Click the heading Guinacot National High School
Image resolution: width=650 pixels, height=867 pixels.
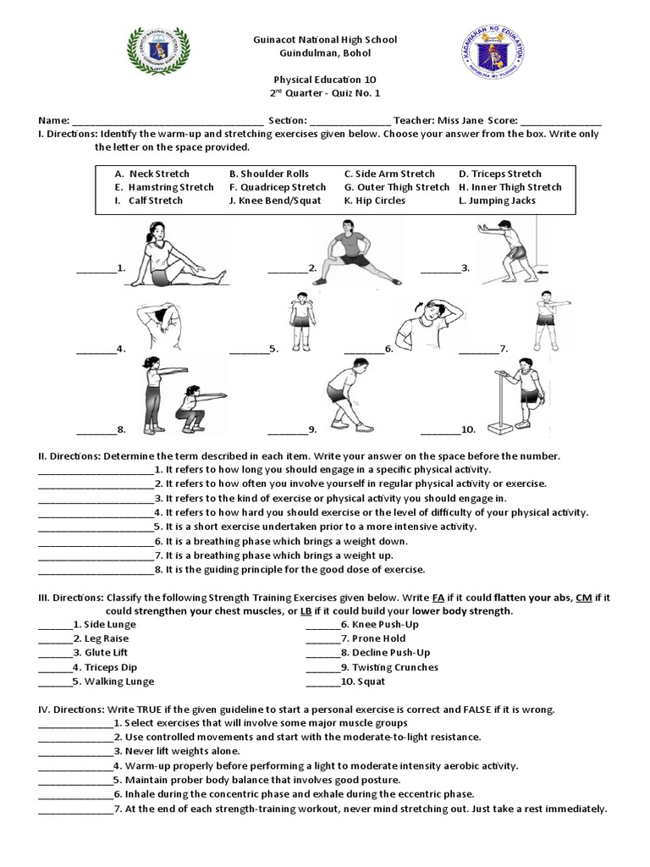pos(326,40)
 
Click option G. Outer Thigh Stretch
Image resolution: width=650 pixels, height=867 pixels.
pos(396,187)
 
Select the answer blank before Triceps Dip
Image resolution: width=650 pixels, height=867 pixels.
pos(55,668)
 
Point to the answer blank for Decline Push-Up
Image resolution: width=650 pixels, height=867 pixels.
pos(322,654)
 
